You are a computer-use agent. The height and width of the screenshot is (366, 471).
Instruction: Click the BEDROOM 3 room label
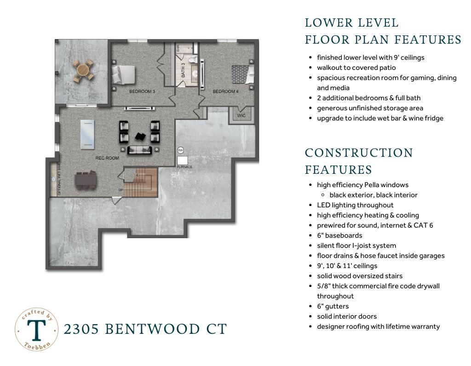pyautogui.click(x=142, y=91)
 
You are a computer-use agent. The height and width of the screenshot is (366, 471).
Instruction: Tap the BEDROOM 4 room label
pyautogui.click(x=225, y=91)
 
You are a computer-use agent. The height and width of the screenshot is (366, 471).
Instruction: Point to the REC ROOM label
pyautogui.click(x=107, y=158)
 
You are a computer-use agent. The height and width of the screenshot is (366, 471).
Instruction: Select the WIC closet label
pyautogui.click(x=241, y=115)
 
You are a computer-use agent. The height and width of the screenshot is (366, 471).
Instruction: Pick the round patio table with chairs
pyautogui.click(x=83, y=71)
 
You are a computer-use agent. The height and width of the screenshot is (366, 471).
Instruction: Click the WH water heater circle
pyautogui.click(x=180, y=150)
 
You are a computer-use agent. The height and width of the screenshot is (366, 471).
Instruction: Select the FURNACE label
pyautogui.click(x=185, y=167)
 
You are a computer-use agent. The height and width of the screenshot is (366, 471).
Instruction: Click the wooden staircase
pyautogui.click(x=140, y=183)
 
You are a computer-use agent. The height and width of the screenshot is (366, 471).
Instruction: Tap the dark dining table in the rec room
pyautogui.click(x=86, y=180)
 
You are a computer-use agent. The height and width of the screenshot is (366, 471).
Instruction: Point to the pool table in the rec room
pyautogui.click(x=87, y=134)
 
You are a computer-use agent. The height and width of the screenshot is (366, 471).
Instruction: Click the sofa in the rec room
pyautogui.click(x=140, y=150)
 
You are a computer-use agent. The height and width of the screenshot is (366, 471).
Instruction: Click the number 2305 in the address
pyautogui.click(x=81, y=329)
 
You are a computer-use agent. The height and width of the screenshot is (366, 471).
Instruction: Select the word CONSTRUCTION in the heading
pyautogui.click(x=359, y=153)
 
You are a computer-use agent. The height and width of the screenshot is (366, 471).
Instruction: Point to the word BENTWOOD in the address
pyautogui.click(x=152, y=329)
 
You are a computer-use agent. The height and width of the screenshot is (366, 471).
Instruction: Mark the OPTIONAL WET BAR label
pyautogui.click(x=59, y=179)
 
